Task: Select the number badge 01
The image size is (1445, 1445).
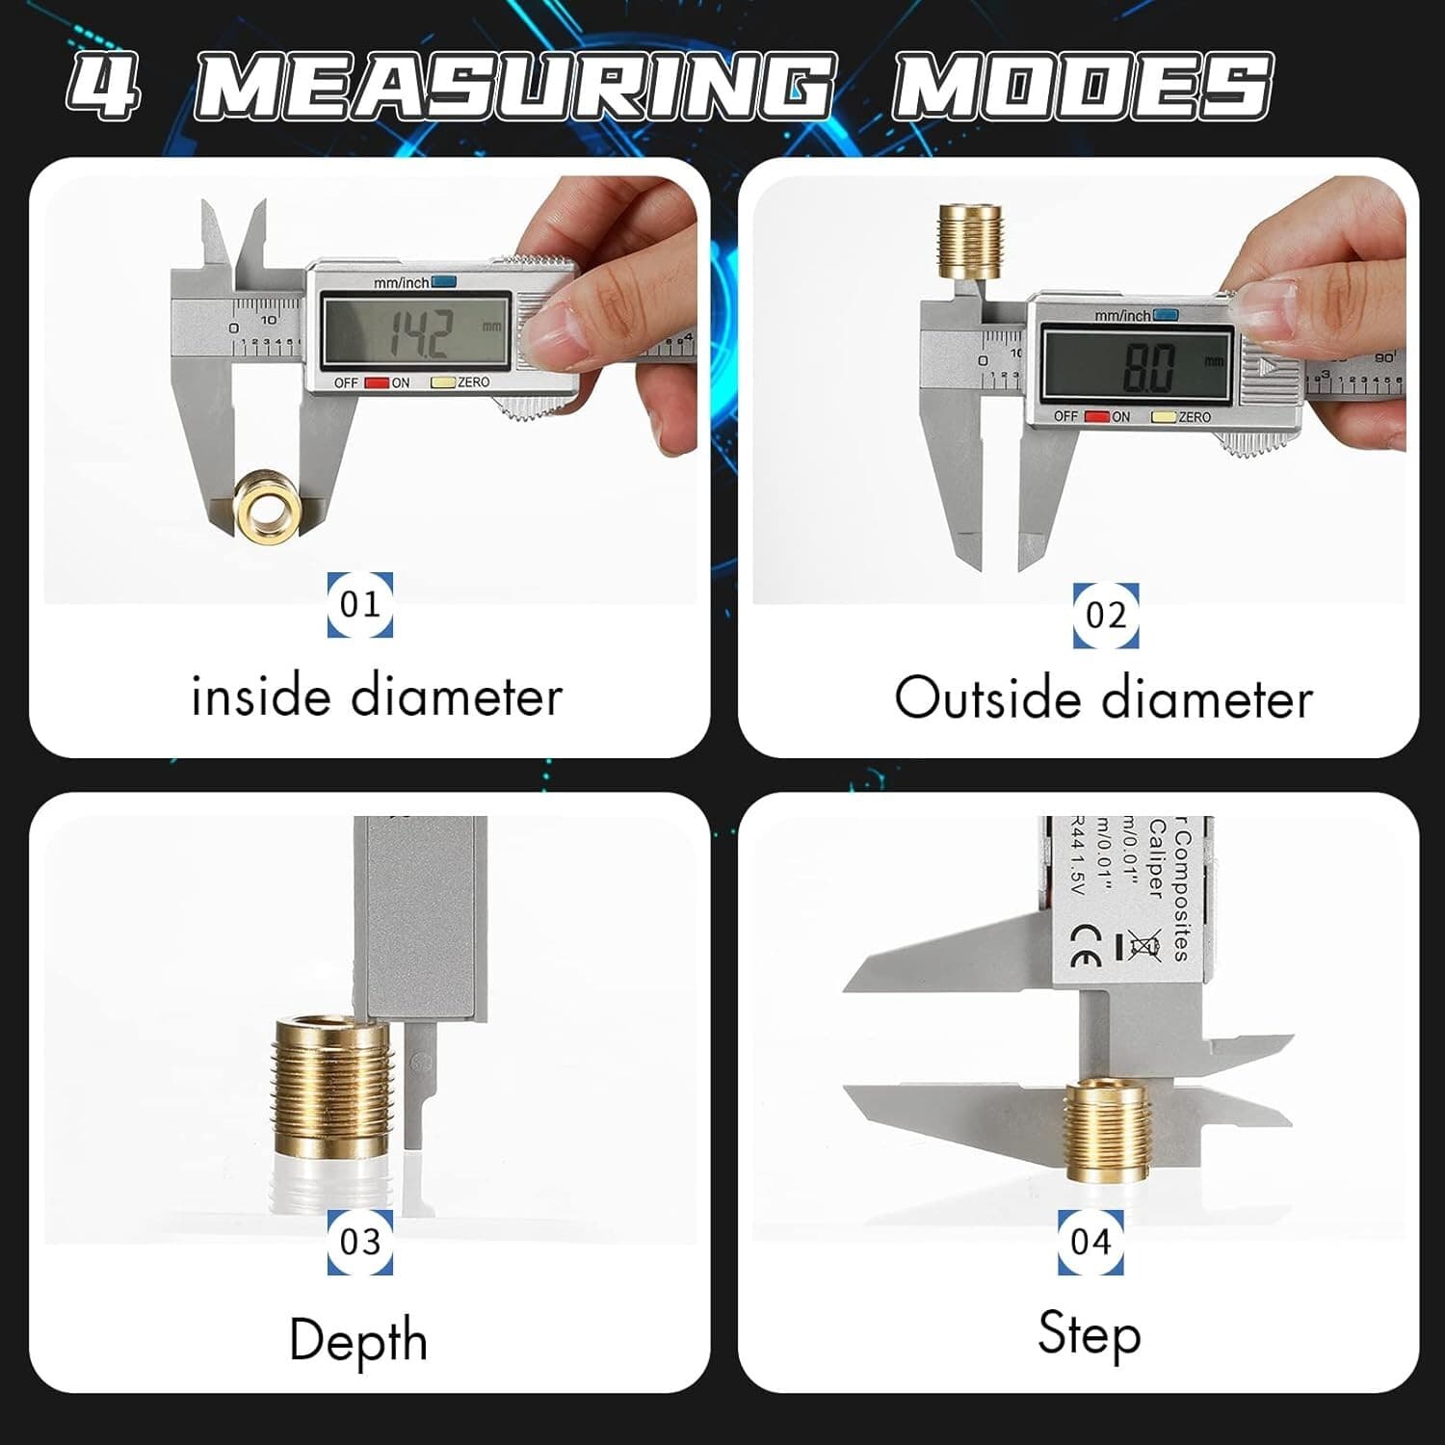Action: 360,605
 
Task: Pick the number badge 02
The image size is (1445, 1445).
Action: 1106,616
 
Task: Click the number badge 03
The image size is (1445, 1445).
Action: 360,1242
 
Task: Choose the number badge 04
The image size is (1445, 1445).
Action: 1090,1242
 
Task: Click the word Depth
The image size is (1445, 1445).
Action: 358,1341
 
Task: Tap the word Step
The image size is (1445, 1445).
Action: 1090,1334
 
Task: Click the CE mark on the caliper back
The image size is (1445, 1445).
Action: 1086,946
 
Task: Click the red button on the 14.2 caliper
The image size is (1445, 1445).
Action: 377,383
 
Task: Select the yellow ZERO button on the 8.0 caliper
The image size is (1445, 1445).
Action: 1165,417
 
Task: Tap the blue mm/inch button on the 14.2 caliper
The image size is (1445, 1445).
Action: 444,282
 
